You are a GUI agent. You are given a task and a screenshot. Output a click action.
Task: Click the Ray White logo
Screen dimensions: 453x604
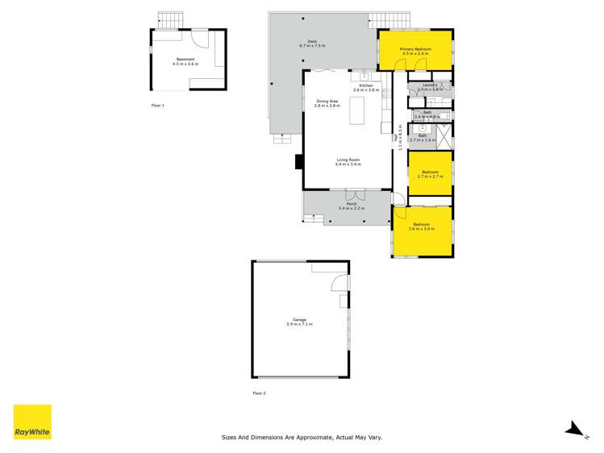[32, 422]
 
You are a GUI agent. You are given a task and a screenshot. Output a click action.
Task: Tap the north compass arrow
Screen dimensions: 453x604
[574, 429]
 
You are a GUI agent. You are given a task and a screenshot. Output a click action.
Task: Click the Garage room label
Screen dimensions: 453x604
[299, 322]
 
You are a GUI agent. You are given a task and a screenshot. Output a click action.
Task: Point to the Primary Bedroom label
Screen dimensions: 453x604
[415, 51]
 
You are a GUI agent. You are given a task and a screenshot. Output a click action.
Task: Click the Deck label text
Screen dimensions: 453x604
[311, 44]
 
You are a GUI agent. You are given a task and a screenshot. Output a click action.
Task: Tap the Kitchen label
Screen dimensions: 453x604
[365, 87]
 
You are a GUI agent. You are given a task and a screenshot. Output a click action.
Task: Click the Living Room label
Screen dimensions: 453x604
[348, 162]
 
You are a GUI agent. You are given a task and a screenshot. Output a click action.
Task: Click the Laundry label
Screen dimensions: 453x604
[428, 85]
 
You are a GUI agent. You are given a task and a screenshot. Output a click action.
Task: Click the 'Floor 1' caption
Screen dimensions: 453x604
[157, 106]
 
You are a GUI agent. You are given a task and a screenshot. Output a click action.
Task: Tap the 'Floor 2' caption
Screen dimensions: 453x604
[259, 393]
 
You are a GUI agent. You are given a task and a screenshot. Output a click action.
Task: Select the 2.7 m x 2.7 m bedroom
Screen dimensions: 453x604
[430, 172]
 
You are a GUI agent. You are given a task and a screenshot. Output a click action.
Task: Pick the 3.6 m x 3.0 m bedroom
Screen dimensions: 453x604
[422, 226]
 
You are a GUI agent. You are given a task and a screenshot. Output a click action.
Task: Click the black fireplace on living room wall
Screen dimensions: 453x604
[298, 161]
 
